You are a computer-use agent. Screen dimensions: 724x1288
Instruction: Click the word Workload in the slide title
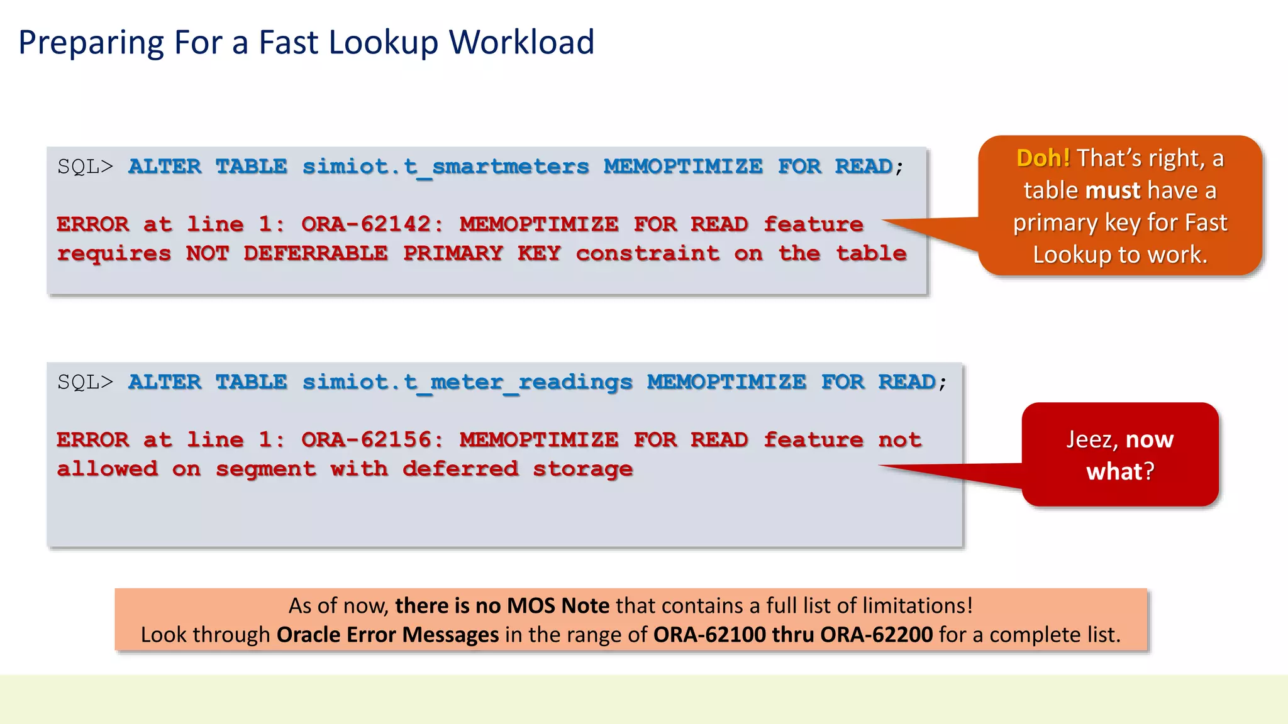tap(521, 43)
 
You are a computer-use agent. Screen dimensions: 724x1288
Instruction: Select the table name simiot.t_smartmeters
tap(445, 167)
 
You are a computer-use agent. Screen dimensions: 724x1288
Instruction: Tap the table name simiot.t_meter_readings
tap(467, 382)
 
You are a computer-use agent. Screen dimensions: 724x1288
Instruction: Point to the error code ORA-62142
tap(371, 224)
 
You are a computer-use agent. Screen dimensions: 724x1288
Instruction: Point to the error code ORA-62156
tap(371, 440)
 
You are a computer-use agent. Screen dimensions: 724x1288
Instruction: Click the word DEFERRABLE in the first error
tap(315, 253)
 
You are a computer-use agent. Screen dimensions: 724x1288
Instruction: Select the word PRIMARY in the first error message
tap(453, 253)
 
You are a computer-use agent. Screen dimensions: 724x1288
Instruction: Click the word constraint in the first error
tap(647, 253)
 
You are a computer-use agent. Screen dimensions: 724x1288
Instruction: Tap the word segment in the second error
tap(265, 469)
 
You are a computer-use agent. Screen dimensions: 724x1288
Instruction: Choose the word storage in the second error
tap(582, 469)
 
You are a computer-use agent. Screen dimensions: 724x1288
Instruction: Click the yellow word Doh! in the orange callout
tap(1043, 158)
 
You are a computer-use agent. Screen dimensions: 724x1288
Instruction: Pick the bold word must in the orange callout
tap(1113, 190)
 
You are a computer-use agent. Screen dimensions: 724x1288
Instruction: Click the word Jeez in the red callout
tap(1092, 439)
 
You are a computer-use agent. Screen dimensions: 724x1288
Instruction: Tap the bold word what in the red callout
tap(1114, 471)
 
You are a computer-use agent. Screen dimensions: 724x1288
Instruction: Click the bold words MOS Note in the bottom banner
tap(558, 606)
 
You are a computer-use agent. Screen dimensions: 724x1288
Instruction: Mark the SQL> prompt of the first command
tap(85, 167)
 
